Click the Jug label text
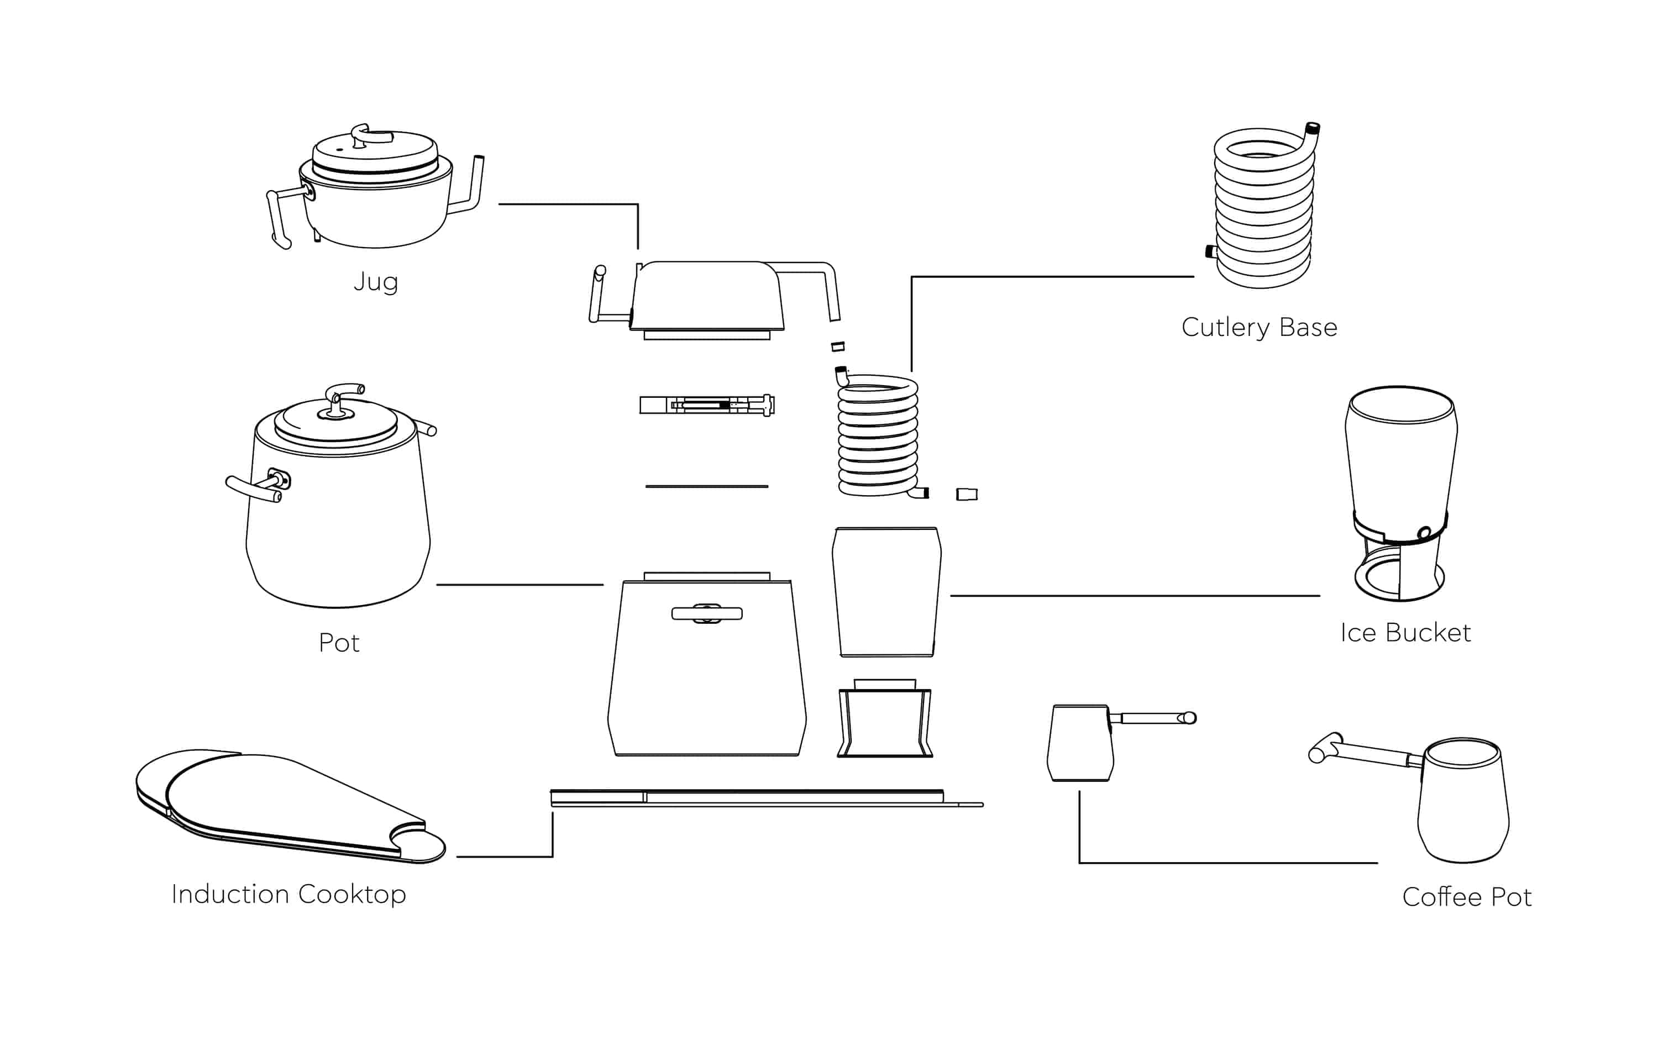[x=375, y=281]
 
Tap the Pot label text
[x=339, y=643]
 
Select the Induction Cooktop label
[x=288, y=894]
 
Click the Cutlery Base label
[x=1259, y=327]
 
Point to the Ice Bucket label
[x=1405, y=633]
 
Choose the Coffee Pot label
[x=1467, y=897]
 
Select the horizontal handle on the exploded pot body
[x=707, y=613]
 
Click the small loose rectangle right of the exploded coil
[x=967, y=494]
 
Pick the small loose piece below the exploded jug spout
[x=838, y=346]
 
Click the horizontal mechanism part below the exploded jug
[x=707, y=405]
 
